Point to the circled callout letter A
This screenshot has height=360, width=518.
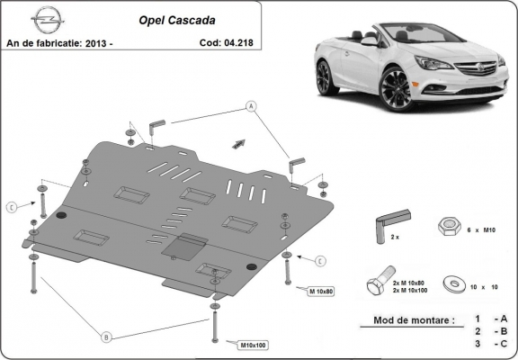(x=250, y=106)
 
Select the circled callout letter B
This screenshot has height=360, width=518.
(x=107, y=337)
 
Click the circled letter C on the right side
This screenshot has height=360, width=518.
(x=318, y=261)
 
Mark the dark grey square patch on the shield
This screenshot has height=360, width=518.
(x=190, y=246)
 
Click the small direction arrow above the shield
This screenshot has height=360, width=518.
(x=239, y=141)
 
